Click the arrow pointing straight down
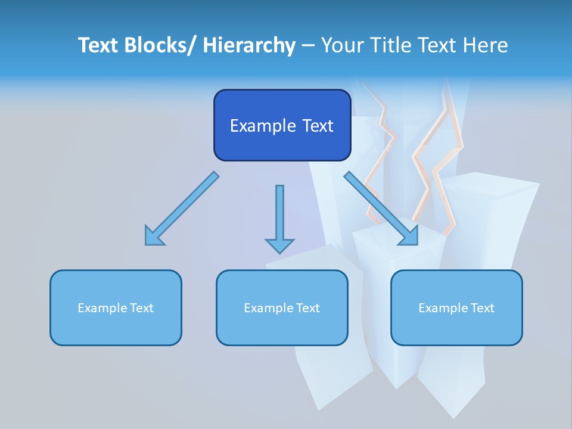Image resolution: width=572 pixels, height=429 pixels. click(279, 217)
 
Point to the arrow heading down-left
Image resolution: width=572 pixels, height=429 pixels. click(182, 209)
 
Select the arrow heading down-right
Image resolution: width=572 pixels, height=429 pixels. click(381, 209)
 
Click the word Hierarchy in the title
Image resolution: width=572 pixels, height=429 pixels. click(249, 45)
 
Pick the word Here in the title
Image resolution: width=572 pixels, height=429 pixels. click(486, 45)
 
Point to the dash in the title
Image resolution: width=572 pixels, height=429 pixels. click(308, 45)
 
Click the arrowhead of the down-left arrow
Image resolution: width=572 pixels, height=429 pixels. click(154, 237)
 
